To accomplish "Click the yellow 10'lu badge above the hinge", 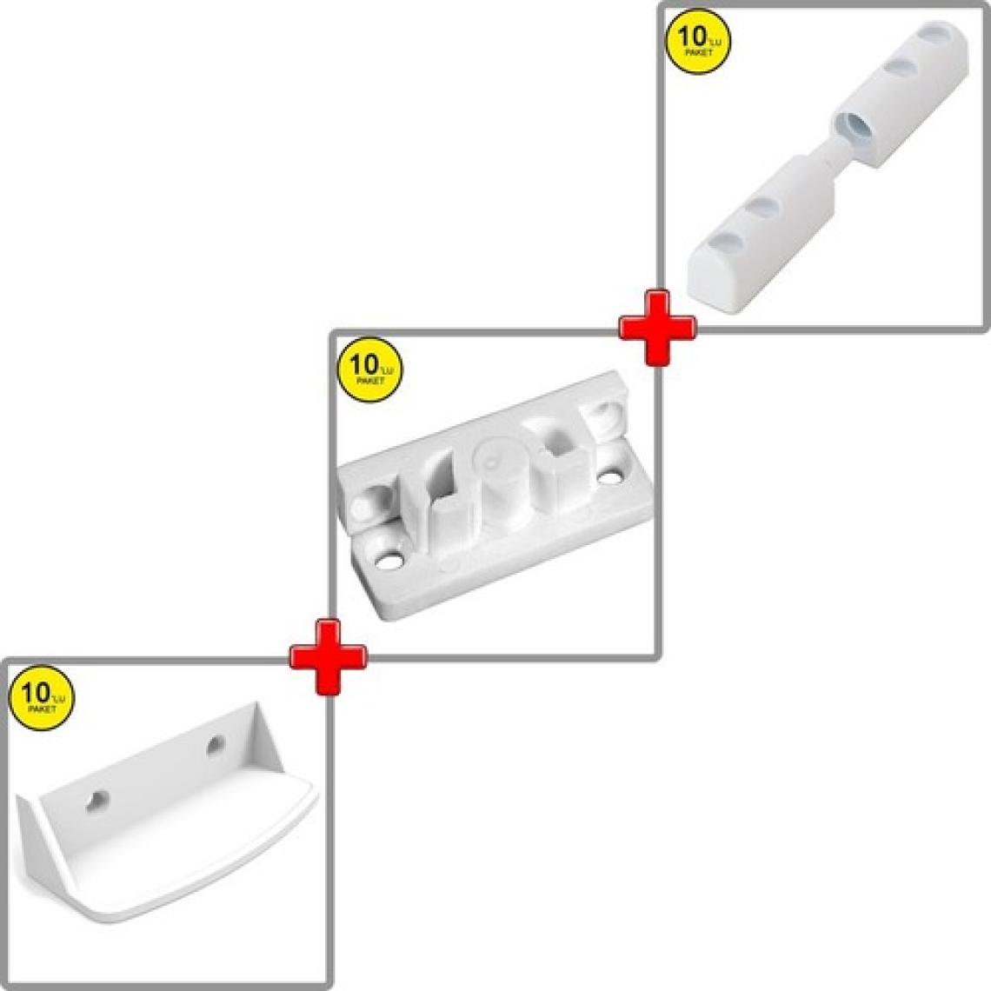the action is point(699,41).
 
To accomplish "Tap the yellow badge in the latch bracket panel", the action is point(370,369).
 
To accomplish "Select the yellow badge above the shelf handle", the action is point(42,698).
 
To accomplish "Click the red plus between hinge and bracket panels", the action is point(657,328).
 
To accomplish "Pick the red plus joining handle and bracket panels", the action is point(328,657).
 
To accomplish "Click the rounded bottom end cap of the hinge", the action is point(711,282).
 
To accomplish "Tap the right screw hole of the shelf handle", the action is point(216,745).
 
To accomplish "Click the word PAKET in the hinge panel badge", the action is point(699,52).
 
